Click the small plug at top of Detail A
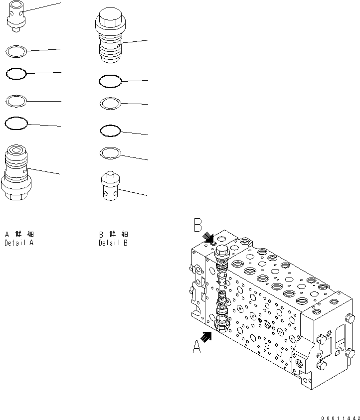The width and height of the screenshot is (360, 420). tap(15, 18)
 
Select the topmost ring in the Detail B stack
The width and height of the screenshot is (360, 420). tap(110, 81)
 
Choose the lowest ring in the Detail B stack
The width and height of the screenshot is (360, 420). tap(110, 152)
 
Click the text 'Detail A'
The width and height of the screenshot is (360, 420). tap(19, 244)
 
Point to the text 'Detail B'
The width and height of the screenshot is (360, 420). tap(113, 244)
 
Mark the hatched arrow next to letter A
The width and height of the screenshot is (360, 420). tap(206, 337)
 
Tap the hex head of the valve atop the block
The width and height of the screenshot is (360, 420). tap(221, 250)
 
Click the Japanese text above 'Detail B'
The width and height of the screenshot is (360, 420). tap(113, 234)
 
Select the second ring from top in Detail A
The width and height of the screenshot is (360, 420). tap(15, 74)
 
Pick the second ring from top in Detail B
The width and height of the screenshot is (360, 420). tap(110, 103)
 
